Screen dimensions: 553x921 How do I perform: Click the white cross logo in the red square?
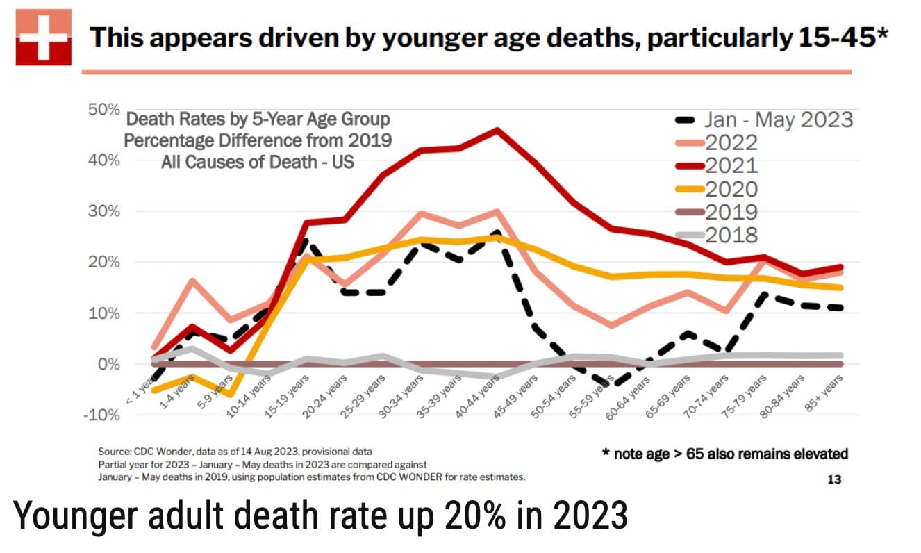pos(44,37)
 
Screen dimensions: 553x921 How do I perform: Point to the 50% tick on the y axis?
pos(104,109)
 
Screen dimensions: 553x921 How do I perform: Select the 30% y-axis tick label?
pos(104,211)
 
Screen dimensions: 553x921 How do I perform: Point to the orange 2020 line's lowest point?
pos(229,395)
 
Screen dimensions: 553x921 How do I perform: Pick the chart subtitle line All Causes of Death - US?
pos(258,163)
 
